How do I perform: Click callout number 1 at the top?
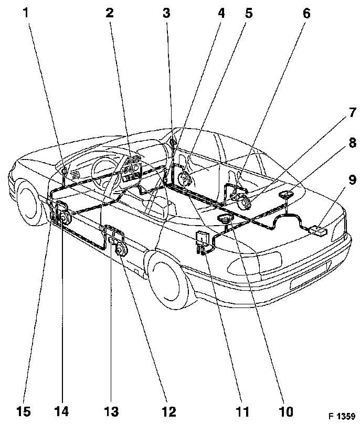(x=26, y=13)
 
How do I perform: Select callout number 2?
(x=110, y=13)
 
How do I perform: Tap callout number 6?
(x=306, y=13)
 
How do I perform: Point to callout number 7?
(x=352, y=112)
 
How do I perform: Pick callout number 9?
(x=352, y=179)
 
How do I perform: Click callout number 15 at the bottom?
(x=23, y=412)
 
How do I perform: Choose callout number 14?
(x=61, y=412)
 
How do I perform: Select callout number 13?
(x=111, y=412)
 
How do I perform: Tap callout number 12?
(x=169, y=412)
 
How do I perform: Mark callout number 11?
(x=242, y=412)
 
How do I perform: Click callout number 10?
(x=286, y=412)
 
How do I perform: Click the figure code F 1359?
(x=342, y=416)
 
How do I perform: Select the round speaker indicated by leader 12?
(x=121, y=250)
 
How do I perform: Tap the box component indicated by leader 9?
(x=317, y=231)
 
